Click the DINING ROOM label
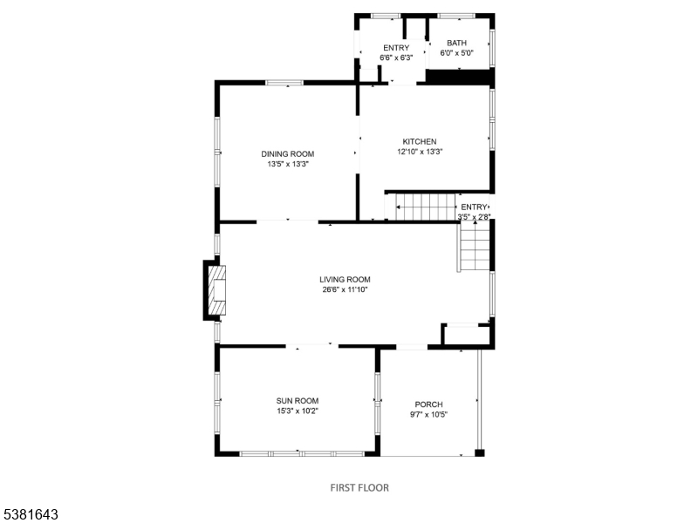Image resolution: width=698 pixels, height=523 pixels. coord(287,153)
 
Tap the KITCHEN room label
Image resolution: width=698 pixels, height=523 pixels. coord(419,141)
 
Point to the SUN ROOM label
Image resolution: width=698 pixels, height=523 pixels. coord(298,400)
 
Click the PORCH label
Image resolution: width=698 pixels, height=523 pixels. coord(428,404)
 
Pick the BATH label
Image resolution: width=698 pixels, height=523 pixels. coord(456,43)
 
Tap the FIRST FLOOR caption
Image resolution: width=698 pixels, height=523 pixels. coord(359,487)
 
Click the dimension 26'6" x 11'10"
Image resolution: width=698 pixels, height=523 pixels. coord(345,290)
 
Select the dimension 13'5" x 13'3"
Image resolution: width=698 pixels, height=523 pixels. coord(287,164)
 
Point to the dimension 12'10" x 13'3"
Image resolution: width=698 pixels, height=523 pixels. coord(419,152)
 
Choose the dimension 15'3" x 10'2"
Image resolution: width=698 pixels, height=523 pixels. coord(298,411)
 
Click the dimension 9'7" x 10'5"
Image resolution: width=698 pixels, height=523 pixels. coord(428,414)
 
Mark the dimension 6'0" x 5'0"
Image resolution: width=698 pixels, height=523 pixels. coord(456,53)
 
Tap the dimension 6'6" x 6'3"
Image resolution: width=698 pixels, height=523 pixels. coord(394,58)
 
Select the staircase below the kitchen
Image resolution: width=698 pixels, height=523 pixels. coord(422,207)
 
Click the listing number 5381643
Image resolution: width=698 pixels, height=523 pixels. coord(30,515)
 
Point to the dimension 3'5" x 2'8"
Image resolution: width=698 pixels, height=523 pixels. coord(475,216)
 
